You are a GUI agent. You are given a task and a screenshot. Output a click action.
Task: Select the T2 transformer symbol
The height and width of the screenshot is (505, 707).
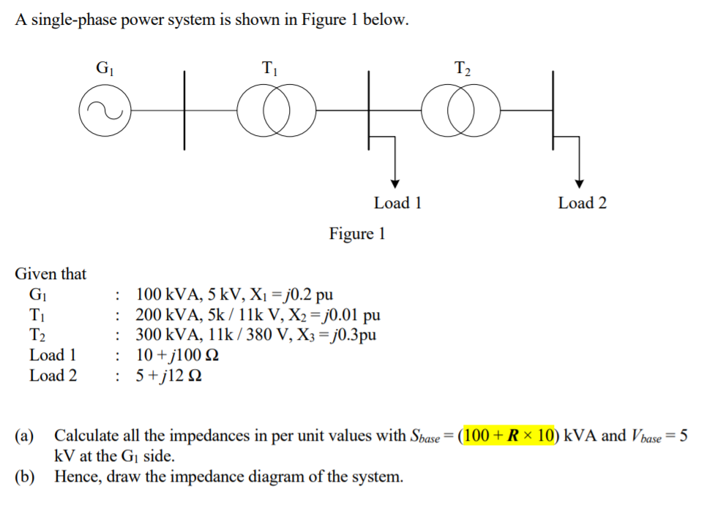463,111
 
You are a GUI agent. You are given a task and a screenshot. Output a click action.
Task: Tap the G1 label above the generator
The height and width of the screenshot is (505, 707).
105,69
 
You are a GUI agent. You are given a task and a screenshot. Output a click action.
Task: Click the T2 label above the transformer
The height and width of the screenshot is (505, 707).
463,69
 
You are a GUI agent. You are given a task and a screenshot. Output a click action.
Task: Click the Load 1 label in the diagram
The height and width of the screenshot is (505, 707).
397,203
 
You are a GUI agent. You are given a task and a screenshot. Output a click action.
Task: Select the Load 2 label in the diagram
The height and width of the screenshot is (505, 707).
582,203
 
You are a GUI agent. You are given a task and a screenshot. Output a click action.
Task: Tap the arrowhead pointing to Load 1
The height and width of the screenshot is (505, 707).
396,183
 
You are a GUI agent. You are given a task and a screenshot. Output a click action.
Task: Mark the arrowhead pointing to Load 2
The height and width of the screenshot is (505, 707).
580,183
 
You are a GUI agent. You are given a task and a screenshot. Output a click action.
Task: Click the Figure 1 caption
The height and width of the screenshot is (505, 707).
356,234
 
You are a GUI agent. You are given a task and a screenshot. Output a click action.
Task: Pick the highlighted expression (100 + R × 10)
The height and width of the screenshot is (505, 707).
505,436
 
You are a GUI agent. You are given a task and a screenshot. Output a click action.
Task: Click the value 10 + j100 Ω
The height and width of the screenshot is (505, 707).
178,356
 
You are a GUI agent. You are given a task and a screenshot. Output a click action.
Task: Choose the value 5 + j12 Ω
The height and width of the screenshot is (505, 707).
170,376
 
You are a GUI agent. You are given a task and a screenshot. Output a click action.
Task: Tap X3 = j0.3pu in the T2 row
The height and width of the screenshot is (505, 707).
340,335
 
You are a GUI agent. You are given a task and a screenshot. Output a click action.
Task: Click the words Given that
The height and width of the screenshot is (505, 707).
50,274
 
